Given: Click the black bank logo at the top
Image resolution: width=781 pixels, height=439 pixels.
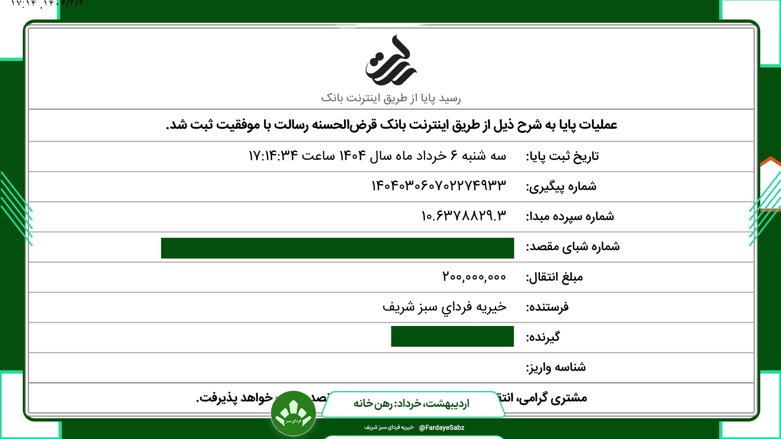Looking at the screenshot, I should tap(391, 61).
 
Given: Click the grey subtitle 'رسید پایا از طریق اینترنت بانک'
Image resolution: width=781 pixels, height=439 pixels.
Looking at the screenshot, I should tap(391, 98).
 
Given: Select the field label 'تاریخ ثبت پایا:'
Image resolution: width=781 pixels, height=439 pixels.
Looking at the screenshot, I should tap(562, 156).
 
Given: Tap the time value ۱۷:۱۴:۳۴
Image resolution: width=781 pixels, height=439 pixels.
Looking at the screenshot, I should tap(273, 156).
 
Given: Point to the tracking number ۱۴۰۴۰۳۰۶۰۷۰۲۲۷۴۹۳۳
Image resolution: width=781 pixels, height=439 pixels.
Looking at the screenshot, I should tap(439, 186).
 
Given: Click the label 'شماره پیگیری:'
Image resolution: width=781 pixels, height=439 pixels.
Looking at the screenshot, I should tap(561, 187).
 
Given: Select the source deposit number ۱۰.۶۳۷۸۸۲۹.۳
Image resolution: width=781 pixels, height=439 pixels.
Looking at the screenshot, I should tap(464, 216).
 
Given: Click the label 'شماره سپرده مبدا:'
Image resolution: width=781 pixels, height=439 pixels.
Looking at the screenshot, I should tap(570, 217).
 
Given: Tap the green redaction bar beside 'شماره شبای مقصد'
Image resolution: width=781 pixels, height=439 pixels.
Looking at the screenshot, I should tap(337, 248).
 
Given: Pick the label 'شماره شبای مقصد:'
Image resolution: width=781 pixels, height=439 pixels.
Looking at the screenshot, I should tap(573, 247).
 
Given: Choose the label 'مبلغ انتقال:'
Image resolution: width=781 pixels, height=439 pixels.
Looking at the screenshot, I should tap(554, 277).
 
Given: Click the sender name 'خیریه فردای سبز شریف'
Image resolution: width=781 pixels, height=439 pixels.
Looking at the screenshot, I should tap(444, 307).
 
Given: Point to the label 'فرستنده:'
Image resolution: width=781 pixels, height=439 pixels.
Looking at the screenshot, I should tap(547, 307).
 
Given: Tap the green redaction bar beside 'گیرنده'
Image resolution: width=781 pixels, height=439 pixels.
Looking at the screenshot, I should tap(452, 337).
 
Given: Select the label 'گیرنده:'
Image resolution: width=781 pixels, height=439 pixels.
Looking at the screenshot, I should tap(543, 337).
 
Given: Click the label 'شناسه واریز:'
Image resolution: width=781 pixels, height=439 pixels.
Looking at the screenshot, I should tap(556, 367).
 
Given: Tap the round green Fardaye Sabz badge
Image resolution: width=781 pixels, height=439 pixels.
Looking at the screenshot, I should tap(293, 413).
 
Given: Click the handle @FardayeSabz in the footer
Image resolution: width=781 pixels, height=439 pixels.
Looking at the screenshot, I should tap(442, 428).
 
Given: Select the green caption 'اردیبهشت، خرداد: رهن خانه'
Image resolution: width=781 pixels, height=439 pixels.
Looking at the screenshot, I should tap(411, 404).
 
